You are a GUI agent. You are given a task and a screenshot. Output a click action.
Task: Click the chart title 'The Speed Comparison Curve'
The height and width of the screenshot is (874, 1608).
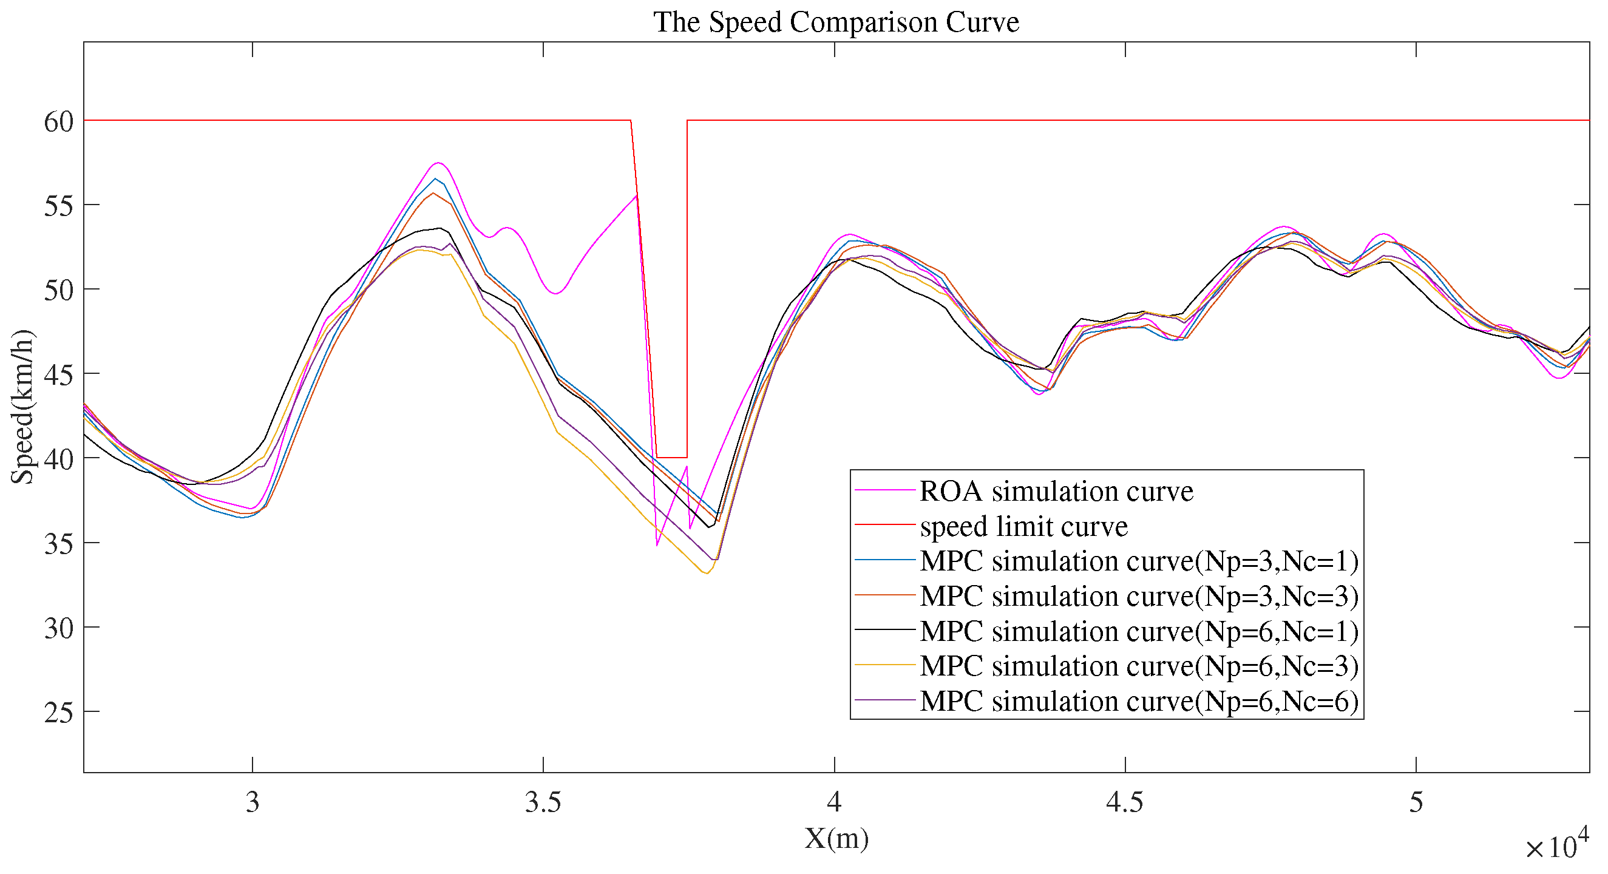[x=836, y=22]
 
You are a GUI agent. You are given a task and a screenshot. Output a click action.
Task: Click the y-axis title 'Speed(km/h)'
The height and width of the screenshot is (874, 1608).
[x=23, y=407]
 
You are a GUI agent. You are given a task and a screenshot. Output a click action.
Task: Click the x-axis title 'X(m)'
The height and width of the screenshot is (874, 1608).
[x=836, y=838]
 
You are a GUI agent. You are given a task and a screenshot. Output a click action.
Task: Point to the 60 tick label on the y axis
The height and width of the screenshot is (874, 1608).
[x=59, y=122]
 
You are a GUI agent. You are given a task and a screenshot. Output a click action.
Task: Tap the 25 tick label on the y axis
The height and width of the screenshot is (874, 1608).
[x=59, y=713]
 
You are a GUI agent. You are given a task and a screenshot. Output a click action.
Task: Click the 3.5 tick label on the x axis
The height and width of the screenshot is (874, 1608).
[x=543, y=802]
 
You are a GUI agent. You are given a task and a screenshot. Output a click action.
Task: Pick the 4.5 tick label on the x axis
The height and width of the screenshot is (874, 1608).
[x=1125, y=802]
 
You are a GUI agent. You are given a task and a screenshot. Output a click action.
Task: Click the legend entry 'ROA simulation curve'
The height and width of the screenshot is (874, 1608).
[x=1056, y=491]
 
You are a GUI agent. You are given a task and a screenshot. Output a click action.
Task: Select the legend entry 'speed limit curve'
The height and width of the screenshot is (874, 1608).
[x=1023, y=526]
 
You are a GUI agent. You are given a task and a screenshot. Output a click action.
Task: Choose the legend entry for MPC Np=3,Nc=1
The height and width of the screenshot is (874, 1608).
[x=1139, y=561]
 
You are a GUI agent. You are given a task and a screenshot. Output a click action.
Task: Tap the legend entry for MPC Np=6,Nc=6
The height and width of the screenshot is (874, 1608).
[x=1139, y=701]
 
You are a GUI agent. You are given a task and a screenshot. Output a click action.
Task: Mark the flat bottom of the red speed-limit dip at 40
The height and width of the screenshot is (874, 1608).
[x=671, y=458]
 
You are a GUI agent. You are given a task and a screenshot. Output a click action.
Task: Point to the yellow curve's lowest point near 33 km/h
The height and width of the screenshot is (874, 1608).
[x=706, y=573]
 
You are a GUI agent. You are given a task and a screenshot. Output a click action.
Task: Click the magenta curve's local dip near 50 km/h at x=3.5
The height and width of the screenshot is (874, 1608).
[x=555, y=293]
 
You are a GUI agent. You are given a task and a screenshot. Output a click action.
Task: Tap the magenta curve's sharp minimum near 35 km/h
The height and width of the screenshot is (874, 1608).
[x=657, y=545]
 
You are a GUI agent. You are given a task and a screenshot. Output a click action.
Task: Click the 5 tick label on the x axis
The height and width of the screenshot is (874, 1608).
[x=1416, y=802]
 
